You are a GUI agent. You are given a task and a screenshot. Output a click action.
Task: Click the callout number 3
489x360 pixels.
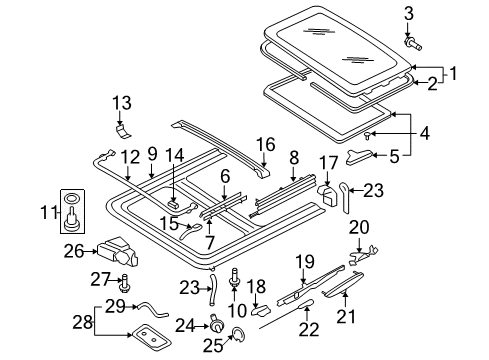coord(409,14)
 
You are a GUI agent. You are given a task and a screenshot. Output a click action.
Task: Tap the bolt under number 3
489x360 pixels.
coord(413,44)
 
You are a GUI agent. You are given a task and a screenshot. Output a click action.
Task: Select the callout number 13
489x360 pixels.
coord(122,103)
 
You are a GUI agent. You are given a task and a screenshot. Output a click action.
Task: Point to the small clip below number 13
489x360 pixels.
coord(123,131)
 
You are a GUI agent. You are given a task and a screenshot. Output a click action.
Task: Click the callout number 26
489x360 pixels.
coord(74,251)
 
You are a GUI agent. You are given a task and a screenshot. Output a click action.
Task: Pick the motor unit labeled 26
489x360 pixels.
coord(118,252)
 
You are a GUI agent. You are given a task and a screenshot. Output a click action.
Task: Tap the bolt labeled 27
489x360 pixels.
coord(126,283)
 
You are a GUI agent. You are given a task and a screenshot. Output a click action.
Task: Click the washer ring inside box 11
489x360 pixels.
coord(72,199)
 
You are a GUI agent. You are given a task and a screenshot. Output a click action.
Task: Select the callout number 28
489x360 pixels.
coord(83,322)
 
